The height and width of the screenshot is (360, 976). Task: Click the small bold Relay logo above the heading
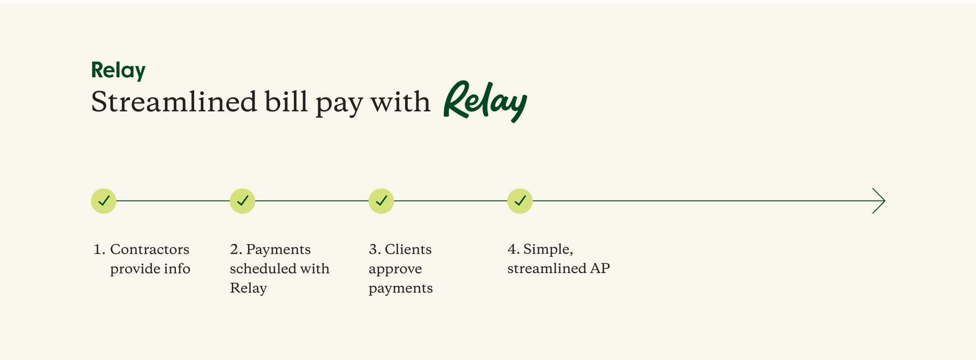tap(118, 70)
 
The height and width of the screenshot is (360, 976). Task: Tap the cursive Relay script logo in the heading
tap(485, 101)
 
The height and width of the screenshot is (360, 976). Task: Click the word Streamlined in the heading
tap(174, 102)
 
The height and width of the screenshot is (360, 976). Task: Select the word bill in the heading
tap(286, 102)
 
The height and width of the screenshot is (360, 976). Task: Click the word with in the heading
tap(400, 102)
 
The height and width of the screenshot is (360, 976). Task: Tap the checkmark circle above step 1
tap(104, 201)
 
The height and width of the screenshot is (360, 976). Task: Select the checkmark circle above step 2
tap(242, 201)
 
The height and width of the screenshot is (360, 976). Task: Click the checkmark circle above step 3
tap(381, 201)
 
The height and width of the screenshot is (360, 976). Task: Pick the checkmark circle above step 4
tap(520, 201)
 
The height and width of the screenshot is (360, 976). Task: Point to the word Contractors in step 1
tap(149, 249)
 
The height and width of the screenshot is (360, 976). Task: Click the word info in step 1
tap(177, 268)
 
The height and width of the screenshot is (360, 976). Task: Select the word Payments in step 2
tap(278, 249)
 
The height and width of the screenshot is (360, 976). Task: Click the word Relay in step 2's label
tap(248, 288)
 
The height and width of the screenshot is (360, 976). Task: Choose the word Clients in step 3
tap(408, 249)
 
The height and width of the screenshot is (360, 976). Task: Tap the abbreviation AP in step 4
tap(600, 268)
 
